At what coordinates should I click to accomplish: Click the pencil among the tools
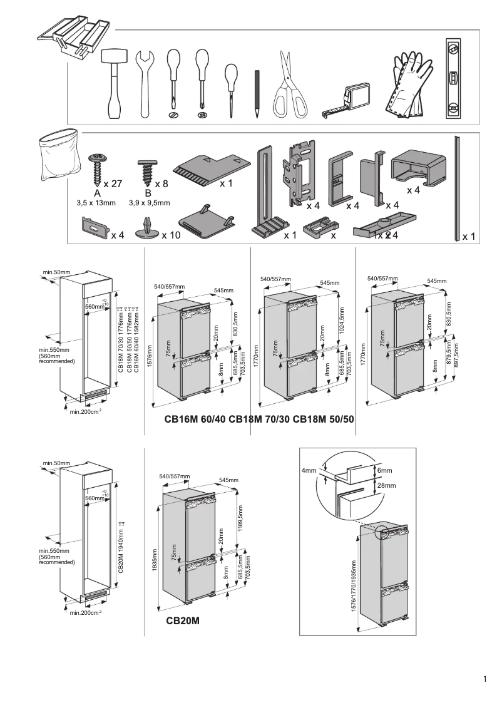click(257, 94)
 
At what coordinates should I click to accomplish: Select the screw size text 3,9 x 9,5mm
click(149, 203)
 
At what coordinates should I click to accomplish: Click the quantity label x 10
click(171, 235)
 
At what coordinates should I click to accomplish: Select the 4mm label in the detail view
click(309, 471)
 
